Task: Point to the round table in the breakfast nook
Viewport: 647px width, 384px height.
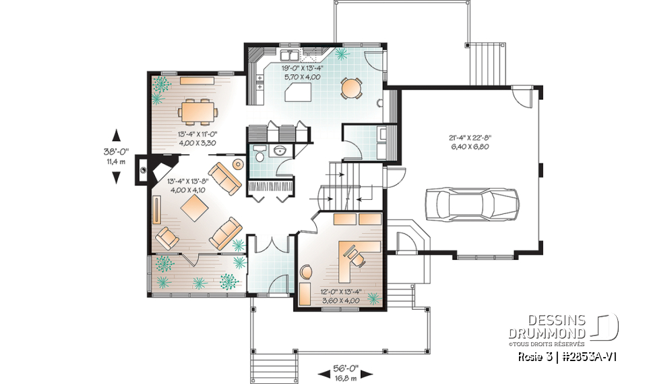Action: tap(351, 88)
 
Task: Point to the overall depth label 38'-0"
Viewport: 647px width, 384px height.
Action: tap(117, 153)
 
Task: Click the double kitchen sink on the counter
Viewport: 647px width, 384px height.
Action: tap(292, 52)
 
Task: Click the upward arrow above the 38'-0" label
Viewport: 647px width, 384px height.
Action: tap(117, 134)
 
